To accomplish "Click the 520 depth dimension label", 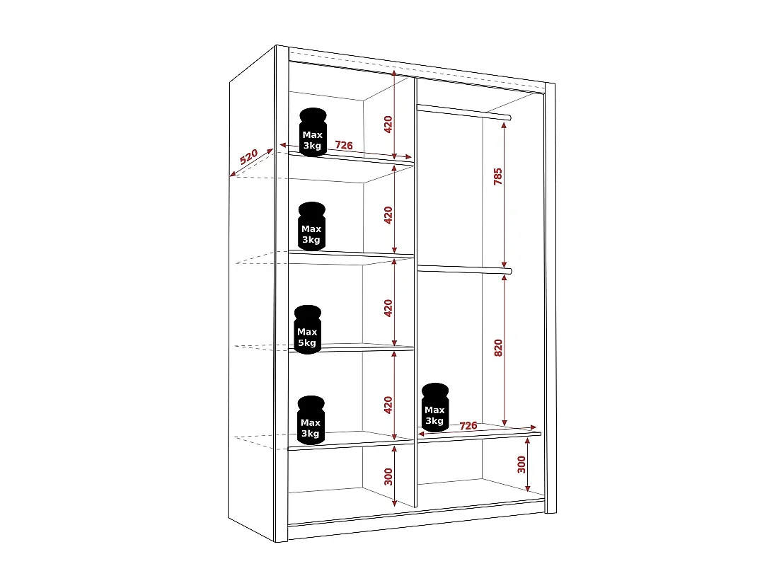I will click(248, 157).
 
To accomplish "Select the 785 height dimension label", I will click(498, 177).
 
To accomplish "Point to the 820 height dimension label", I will click(498, 347).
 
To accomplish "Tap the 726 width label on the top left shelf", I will click(344, 145).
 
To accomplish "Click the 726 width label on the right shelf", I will click(468, 426).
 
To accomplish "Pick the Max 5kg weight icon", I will click(308, 329).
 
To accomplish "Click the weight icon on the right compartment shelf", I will click(434, 408).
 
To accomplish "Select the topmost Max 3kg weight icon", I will click(313, 132).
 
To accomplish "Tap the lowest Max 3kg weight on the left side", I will click(311, 420).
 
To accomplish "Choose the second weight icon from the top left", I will click(311, 226).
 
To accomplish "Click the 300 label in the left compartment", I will click(388, 477).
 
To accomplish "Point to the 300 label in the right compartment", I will click(521, 464).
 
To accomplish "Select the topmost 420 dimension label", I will click(388, 125).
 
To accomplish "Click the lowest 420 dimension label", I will click(388, 405).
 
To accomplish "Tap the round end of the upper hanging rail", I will click(508, 116).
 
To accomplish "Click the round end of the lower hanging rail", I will click(508, 270).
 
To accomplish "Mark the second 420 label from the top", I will click(388, 215).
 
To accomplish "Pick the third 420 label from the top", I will click(388, 308).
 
